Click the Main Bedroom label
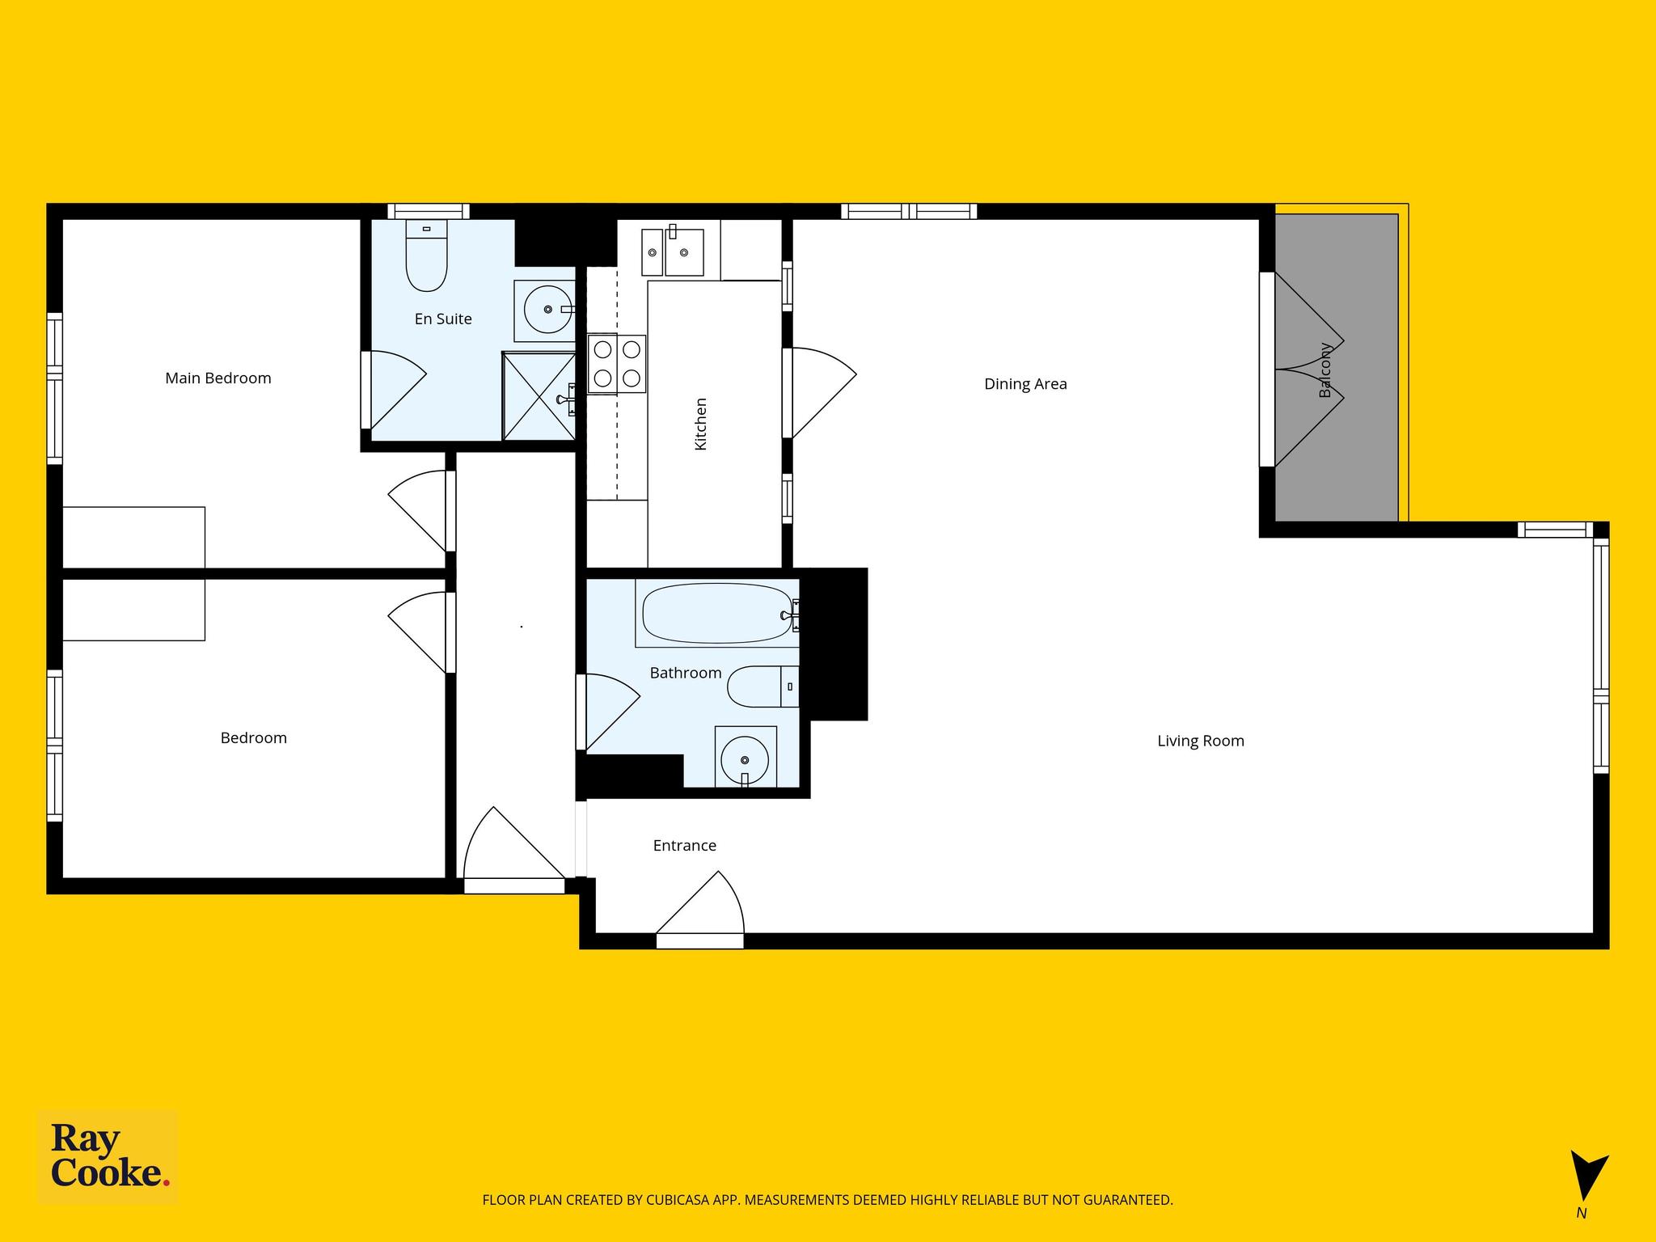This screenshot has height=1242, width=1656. (x=218, y=378)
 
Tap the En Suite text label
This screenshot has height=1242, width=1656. (x=443, y=319)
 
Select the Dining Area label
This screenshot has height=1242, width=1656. (x=1025, y=384)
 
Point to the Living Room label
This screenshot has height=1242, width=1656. (x=1201, y=741)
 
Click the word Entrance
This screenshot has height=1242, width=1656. (x=685, y=846)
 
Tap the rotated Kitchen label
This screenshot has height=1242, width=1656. (x=701, y=424)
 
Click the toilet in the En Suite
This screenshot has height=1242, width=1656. (x=426, y=256)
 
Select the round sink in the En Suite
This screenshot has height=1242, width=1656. (x=547, y=309)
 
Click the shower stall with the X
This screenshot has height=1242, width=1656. (x=539, y=395)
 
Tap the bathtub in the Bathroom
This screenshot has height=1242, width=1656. (x=717, y=614)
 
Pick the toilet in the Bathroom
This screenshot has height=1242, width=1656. (x=763, y=686)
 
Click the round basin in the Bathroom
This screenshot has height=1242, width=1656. (x=745, y=760)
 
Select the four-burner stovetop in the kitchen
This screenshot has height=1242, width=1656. (x=617, y=364)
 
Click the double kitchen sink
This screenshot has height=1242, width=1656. (x=673, y=251)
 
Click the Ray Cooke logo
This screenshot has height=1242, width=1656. (x=108, y=1157)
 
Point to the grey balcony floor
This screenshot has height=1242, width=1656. (x=1337, y=368)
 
